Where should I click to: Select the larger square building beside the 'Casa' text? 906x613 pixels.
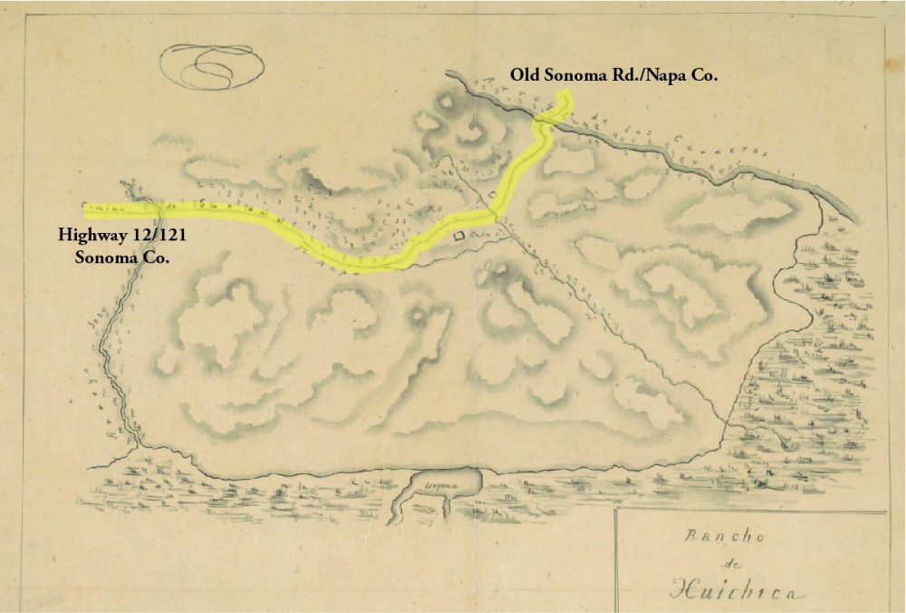tap(459, 237)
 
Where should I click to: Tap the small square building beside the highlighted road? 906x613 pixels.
tap(492, 195)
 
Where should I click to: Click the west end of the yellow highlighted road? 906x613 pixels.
tap(87, 211)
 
